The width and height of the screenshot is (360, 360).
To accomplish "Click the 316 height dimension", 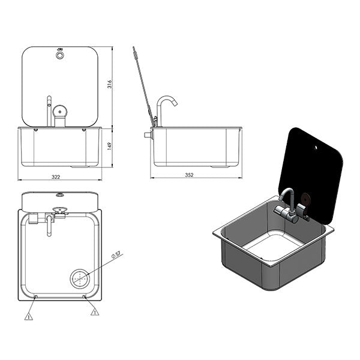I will pyautogui.click(x=110, y=85).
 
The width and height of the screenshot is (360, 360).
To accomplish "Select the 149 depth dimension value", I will pyautogui.click(x=110, y=147).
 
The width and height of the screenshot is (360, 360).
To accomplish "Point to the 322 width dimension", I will pyautogui.click(x=56, y=176).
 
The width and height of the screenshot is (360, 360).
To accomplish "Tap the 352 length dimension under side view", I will pyautogui.click(x=190, y=175).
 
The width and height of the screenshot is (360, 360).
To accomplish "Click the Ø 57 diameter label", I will pyautogui.click(x=118, y=255).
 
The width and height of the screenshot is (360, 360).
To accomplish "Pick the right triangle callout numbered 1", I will pyautogui.click(x=94, y=312).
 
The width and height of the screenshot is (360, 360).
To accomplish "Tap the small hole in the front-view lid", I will pyautogui.click(x=59, y=55).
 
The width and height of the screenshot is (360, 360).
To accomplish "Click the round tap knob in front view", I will pyautogui.click(x=60, y=112).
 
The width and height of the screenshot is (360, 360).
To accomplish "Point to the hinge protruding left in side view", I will pyautogui.click(x=146, y=136).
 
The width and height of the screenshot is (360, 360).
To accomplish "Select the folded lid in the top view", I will pyautogui.click(x=59, y=199).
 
